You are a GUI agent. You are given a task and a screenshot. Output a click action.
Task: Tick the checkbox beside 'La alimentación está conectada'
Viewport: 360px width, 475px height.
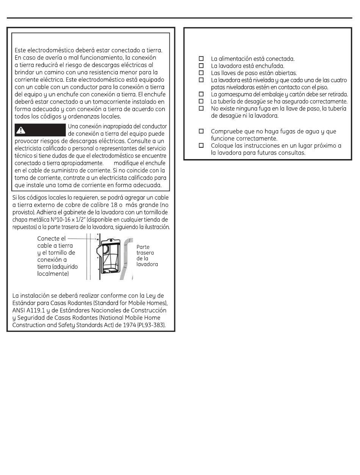[201, 59]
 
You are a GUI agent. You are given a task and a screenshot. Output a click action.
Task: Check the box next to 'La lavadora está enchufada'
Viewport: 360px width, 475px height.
[201, 66]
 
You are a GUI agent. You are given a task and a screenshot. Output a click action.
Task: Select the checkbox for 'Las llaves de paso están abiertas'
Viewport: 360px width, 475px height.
[201, 73]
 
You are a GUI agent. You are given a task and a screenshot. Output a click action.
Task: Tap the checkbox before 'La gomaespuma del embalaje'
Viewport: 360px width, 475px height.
[201, 94]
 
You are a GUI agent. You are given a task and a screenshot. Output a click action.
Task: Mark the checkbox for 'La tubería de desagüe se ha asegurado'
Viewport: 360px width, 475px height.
[201, 101]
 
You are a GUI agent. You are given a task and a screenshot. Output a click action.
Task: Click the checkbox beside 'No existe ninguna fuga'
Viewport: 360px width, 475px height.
[201, 108]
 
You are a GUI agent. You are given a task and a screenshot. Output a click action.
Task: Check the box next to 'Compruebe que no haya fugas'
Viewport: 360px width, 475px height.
[201, 131]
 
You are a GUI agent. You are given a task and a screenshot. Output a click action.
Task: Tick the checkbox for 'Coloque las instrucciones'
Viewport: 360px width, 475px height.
[201, 145]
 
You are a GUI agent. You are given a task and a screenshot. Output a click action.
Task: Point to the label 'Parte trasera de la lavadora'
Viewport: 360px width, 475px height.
[147, 256]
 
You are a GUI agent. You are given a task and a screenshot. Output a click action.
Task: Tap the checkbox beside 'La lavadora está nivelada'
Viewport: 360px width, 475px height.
[201, 80]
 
